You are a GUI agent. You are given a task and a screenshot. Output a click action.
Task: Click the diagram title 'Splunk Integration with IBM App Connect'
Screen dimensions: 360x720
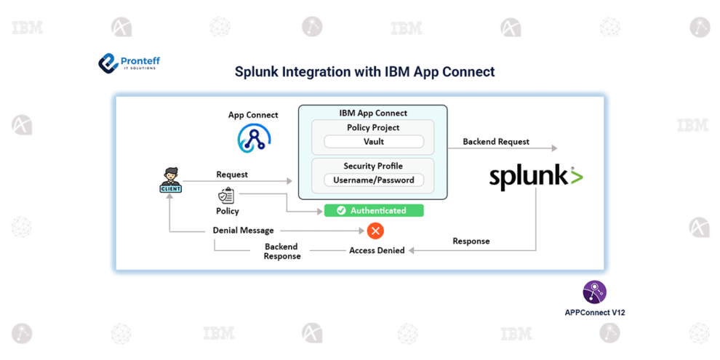click(x=364, y=72)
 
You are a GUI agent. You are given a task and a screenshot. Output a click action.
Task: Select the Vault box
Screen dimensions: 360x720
click(x=373, y=142)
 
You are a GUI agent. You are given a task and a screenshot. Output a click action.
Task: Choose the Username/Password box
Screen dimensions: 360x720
click(x=373, y=180)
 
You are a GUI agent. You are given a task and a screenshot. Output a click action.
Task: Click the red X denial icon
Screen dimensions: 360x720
click(x=375, y=231)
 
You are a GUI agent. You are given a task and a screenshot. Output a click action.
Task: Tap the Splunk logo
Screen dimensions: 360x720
click(x=535, y=177)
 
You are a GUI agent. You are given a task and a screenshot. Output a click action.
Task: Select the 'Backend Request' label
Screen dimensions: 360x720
click(x=496, y=142)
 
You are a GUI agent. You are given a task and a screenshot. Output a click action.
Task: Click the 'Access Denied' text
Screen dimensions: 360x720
click(x=377, y=250)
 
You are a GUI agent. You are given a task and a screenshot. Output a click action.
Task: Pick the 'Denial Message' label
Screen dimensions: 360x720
click(x=243, y=231)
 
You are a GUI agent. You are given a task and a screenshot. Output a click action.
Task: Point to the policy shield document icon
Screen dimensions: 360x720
click(x=226, y=196)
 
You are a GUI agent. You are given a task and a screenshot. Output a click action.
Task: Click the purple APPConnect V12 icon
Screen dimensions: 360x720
click(x=594, y=292)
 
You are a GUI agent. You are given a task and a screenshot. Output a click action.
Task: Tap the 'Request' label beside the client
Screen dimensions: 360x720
click(x=231, y=175)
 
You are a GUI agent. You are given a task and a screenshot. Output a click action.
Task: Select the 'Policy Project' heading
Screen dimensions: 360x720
click(x=373, y=127)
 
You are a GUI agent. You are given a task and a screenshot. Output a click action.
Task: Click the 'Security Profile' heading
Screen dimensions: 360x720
click(x=373, y=166)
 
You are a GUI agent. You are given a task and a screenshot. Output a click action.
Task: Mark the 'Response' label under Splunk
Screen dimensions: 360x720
click(x=471, y=241)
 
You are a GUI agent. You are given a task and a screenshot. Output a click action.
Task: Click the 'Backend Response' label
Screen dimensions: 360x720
click(x=282, y=252)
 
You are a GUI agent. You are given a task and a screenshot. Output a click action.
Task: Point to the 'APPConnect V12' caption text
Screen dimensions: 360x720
click(x=594, y=312)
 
